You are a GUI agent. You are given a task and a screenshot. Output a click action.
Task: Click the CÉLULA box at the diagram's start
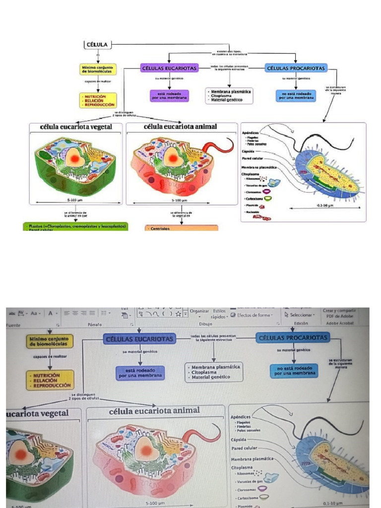pyautogui.click(x=97, y=45)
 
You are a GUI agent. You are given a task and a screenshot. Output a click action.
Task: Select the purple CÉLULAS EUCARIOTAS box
pyautogui.click(x=169, y=68)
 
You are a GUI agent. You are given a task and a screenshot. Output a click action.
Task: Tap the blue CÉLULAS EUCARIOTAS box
pyautogui.click(x=139, y=338)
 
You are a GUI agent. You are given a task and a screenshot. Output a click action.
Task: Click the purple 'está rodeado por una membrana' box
pyautogui.click(x=169, y=96)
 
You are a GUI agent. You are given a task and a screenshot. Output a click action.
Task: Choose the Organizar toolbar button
pyautogui.click(x=199, y=311)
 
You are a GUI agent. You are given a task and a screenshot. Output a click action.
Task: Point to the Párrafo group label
pyautogui.click(x=94, y=324)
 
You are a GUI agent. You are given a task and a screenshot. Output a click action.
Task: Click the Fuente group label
pyautogui.click(x=13, y=324)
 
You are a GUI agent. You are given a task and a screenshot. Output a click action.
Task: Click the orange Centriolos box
pyautogui.click(x=182, y=228)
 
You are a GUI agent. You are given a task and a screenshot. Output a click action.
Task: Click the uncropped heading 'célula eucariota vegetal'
pyautogui.click(x=75, y=127)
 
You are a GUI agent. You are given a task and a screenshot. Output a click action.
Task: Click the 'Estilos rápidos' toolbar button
pyautogui.click(x=219, y=313)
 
